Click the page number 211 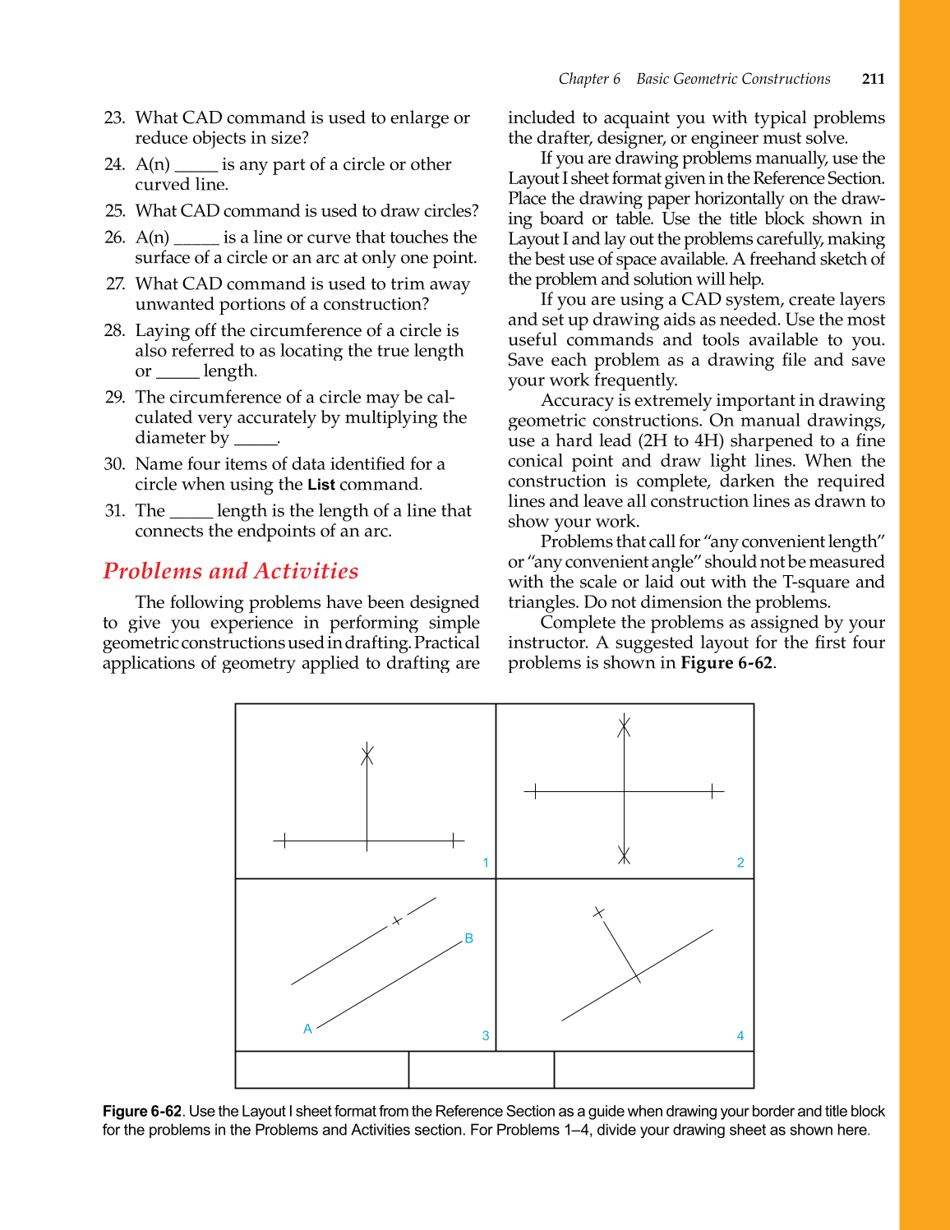(x=873, y=79)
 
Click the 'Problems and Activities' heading (x=231, y=571)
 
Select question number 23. (x=114, y=118)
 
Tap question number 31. (x=114, y=511)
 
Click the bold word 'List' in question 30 (x=321, y=485)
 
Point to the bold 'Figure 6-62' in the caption (x=142, y=1111)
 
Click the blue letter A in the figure (x=308, y=1029)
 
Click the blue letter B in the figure (x=469, y=938)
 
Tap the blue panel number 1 (x=486, y=863)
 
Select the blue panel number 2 (x=740, y=863)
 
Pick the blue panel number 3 (x=486, y=1036)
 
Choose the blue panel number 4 (x=740, y=1036)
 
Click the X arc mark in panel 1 (x=367, y=754)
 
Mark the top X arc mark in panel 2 (x=625, y=726)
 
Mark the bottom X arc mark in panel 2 (x=625, y=855)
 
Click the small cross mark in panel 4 (x=599, y=912)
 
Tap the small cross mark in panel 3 (x=397, y=921)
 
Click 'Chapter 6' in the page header (x=589, y=79)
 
